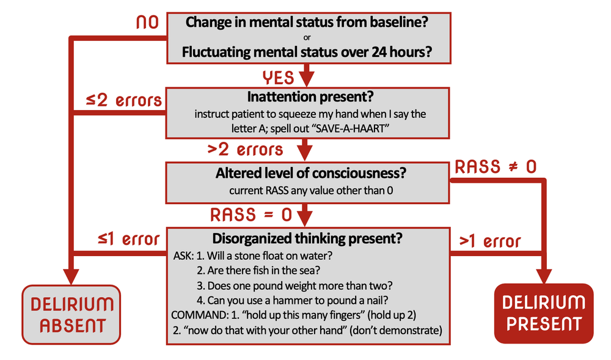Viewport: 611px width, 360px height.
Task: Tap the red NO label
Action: click(147, 23)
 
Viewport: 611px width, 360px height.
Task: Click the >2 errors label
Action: click(246, 149)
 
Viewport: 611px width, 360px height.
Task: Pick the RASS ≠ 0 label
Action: click(496, 167)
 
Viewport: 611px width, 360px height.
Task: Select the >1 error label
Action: click(490, 241)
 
